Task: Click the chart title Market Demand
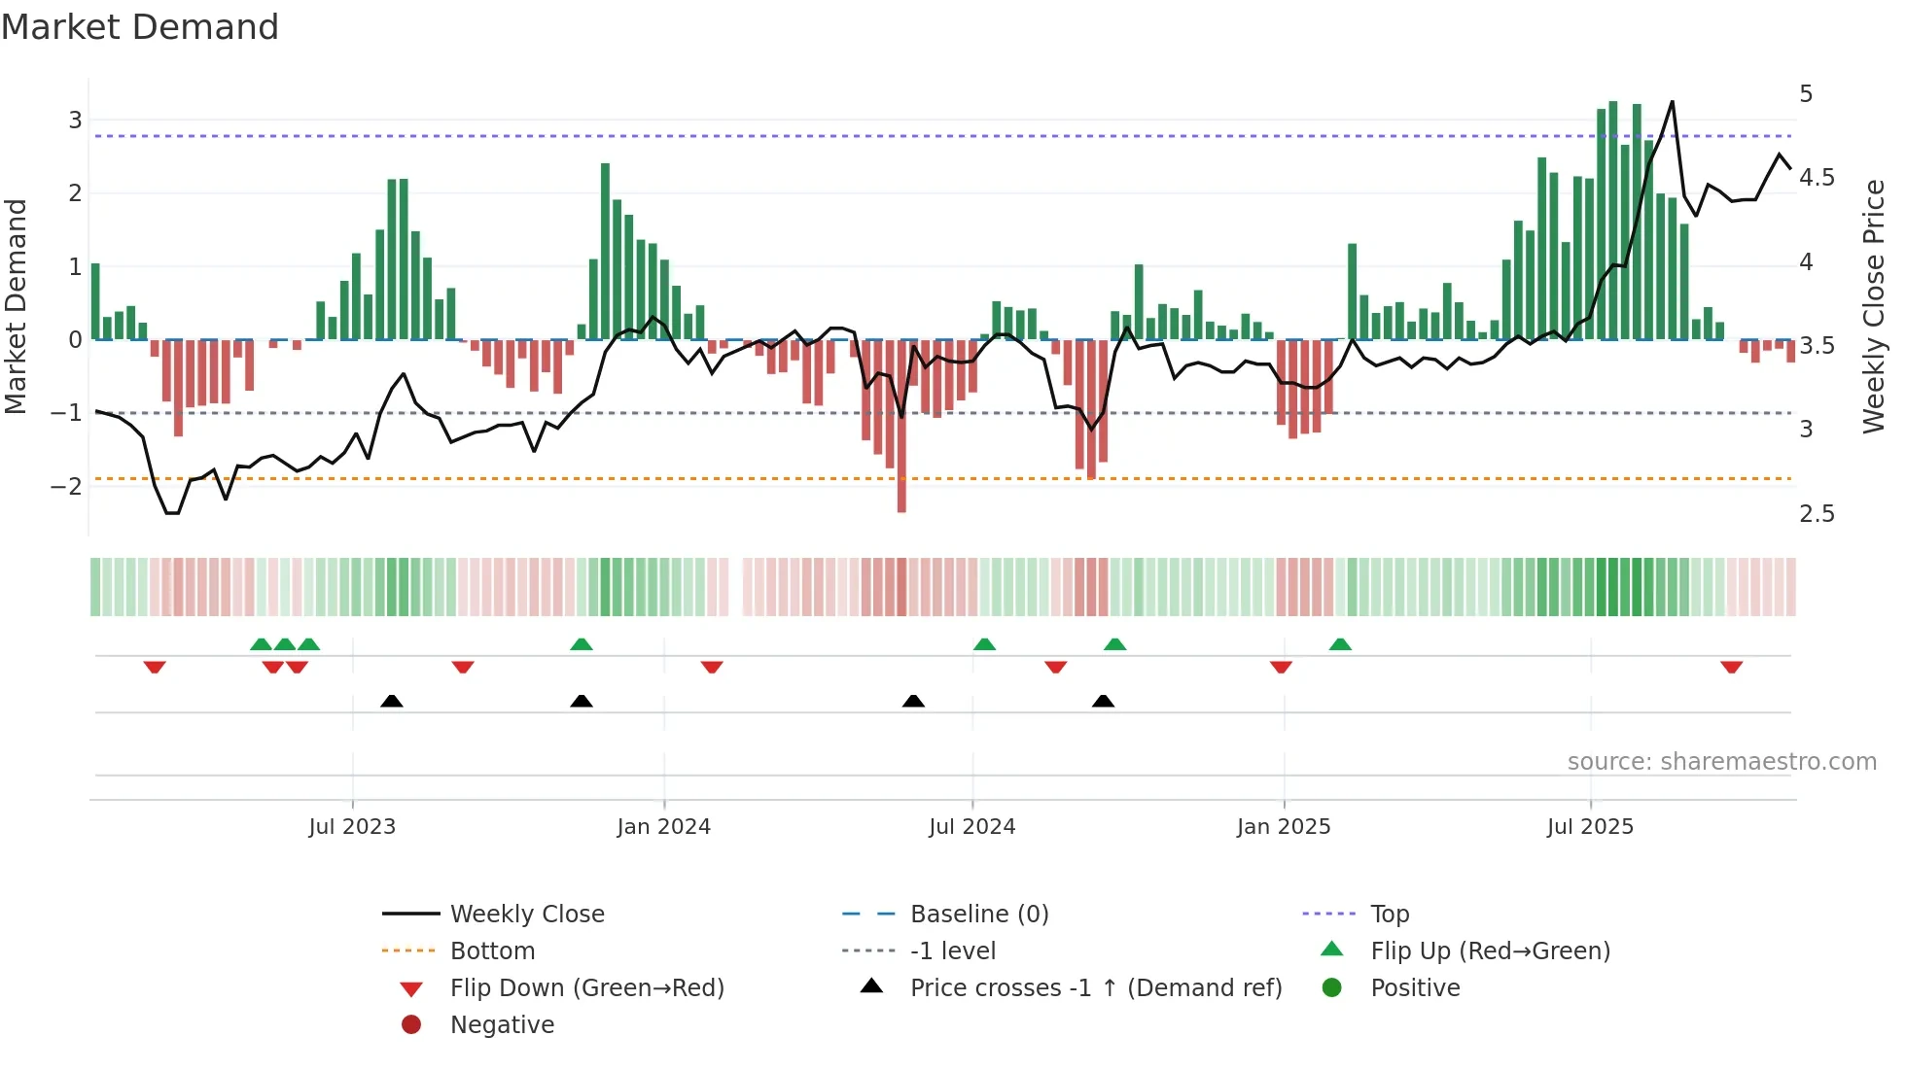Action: tap(140, 27)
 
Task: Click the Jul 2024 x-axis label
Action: tap(971, 827)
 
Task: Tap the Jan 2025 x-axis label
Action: tap(1284, 827)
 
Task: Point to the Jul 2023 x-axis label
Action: tap(352, 827)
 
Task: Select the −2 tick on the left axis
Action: tap(67, 486)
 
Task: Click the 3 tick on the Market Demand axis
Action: tap(75, 121)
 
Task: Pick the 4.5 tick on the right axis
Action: tap(1817, 178)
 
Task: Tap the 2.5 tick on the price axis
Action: tap(1817, 514)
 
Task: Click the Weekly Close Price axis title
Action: tap(1874, 306)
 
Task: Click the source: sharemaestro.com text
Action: tap(1721, 762)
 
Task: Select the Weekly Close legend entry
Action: tap(526, 915)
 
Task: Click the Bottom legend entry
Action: tap(492, 951)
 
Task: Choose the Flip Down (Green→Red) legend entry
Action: tap(586, 988)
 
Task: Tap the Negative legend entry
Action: tap(502, 1025)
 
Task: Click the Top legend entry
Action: tap(1390, 915)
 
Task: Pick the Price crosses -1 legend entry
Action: tap(1095, 988)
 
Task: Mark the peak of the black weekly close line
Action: tap(1673, 102)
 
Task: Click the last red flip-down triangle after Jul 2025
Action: tap(1731, 667)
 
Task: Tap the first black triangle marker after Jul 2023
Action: tap(391, 701)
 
